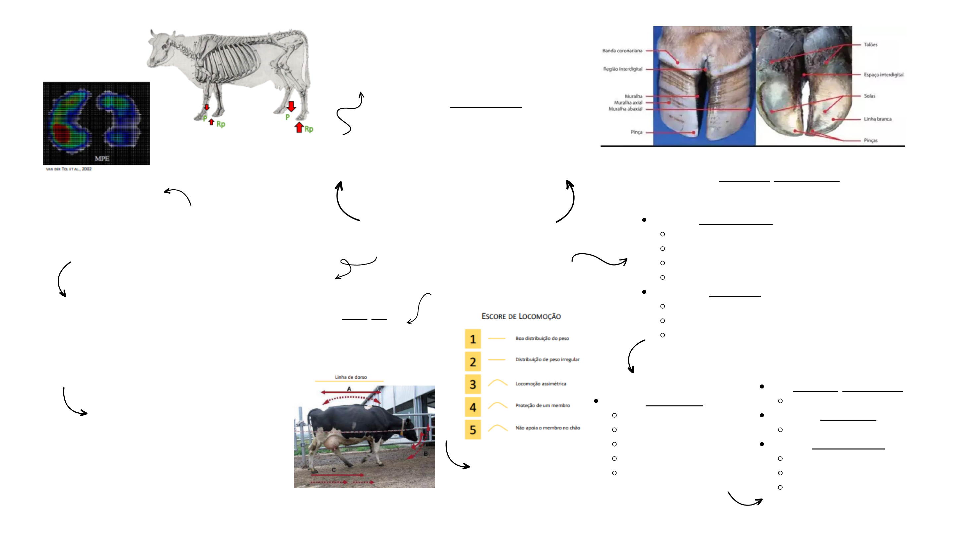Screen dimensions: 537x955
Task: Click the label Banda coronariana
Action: click(622, 51)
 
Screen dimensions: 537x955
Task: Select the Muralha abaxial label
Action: click(625, 109)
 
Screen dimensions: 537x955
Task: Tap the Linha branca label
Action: click(877, 119)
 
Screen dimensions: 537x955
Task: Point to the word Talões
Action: click(870, 44)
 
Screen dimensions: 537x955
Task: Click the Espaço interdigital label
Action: click(883, 75)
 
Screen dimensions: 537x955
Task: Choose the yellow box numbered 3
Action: click(473, 384)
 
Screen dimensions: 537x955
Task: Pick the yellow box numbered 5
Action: click(473, 430)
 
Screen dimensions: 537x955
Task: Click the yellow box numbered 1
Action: click(473, 339)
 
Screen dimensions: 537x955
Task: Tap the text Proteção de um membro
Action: click(542, 405)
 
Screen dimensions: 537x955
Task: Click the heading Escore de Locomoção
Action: click(521, 317)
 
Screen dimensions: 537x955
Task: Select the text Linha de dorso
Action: click(351, 377)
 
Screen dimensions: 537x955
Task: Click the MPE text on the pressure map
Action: click(102, 159)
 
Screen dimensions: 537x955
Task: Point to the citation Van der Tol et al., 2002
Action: click(69, 169)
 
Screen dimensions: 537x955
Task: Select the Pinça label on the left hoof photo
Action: click(636, 132)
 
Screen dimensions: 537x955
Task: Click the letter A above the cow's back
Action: click(349, 389)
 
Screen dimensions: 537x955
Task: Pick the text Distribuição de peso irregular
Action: click(547, 359)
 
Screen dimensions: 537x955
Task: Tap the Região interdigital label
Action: click(622, 69)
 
